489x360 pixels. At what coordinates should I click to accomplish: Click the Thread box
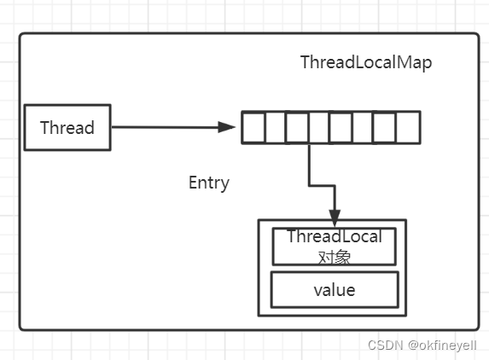tap(67, 128)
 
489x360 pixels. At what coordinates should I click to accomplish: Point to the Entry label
tap(209, 183)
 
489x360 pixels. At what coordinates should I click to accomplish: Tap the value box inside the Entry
tap(335, 290)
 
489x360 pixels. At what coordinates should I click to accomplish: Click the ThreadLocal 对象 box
tap(335, 247)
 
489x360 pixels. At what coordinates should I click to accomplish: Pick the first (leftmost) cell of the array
tap(253, 127)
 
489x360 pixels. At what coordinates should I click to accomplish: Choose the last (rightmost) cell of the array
tap(408, 127)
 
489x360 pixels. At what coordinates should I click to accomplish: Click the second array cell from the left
tap(275, 127)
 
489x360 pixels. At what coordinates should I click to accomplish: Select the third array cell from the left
tap(297, 127)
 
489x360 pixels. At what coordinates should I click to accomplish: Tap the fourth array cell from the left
tap(319, 127)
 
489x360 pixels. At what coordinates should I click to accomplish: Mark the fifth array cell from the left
tap(341, 127)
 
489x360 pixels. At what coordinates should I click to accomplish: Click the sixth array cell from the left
tap(364, 127)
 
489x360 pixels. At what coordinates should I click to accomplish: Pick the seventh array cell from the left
tap(385, 127)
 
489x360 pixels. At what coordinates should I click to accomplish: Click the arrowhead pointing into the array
tap(228, 127)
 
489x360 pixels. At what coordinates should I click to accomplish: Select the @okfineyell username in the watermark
tap(442, 345)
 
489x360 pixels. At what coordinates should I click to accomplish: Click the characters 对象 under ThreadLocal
tap(334, 256)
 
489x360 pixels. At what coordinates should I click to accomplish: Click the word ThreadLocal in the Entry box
tap(335, 237)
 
